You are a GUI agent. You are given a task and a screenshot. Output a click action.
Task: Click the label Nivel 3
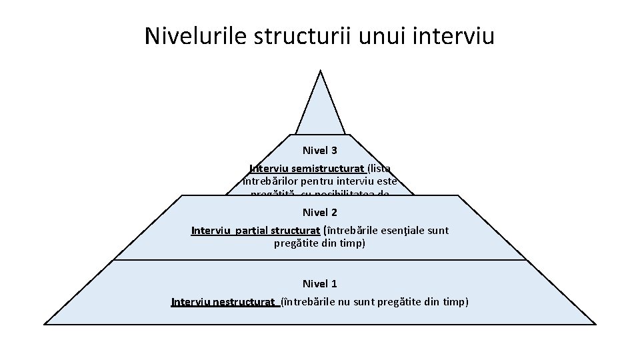[320, 151]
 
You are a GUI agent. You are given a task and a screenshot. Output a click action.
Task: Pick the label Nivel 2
[320, 213]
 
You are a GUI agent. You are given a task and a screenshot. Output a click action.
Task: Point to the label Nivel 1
[320, 284]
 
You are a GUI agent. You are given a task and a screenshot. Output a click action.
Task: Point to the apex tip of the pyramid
[321, 71]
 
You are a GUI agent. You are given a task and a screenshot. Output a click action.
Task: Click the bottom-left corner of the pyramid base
[45, 324]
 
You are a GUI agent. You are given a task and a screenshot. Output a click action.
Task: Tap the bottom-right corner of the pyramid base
[595, 324]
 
